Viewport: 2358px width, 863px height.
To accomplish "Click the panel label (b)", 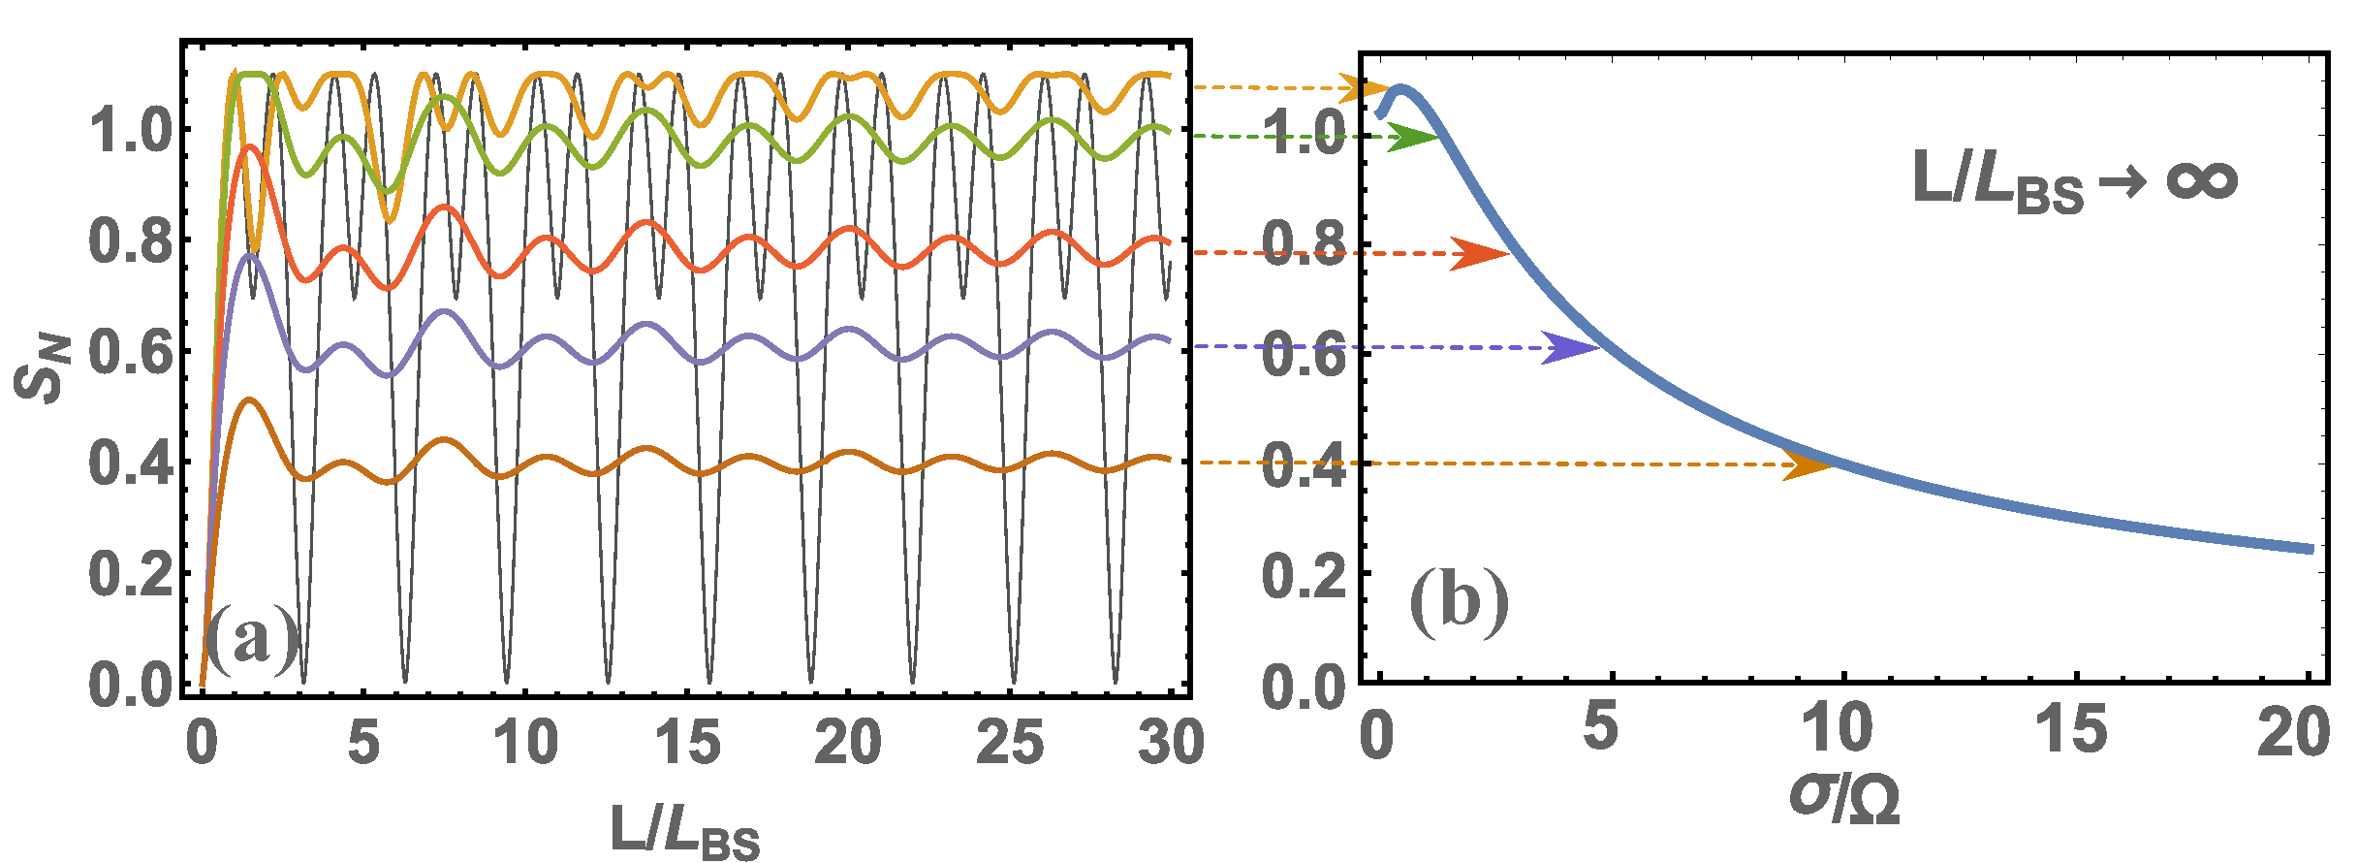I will point(1460,602).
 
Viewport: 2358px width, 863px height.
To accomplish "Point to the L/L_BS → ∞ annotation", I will point(2074,181).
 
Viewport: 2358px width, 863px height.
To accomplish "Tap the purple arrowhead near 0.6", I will point(1571,348).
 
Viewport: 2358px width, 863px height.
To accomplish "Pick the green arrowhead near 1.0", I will point(1414,138).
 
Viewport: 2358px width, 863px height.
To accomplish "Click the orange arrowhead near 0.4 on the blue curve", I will point(1808,465).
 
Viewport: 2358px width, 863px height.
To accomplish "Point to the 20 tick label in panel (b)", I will point(2293,733).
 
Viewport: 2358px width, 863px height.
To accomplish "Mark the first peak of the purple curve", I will point(250,256).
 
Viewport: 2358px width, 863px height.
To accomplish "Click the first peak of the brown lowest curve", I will point(250,400).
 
